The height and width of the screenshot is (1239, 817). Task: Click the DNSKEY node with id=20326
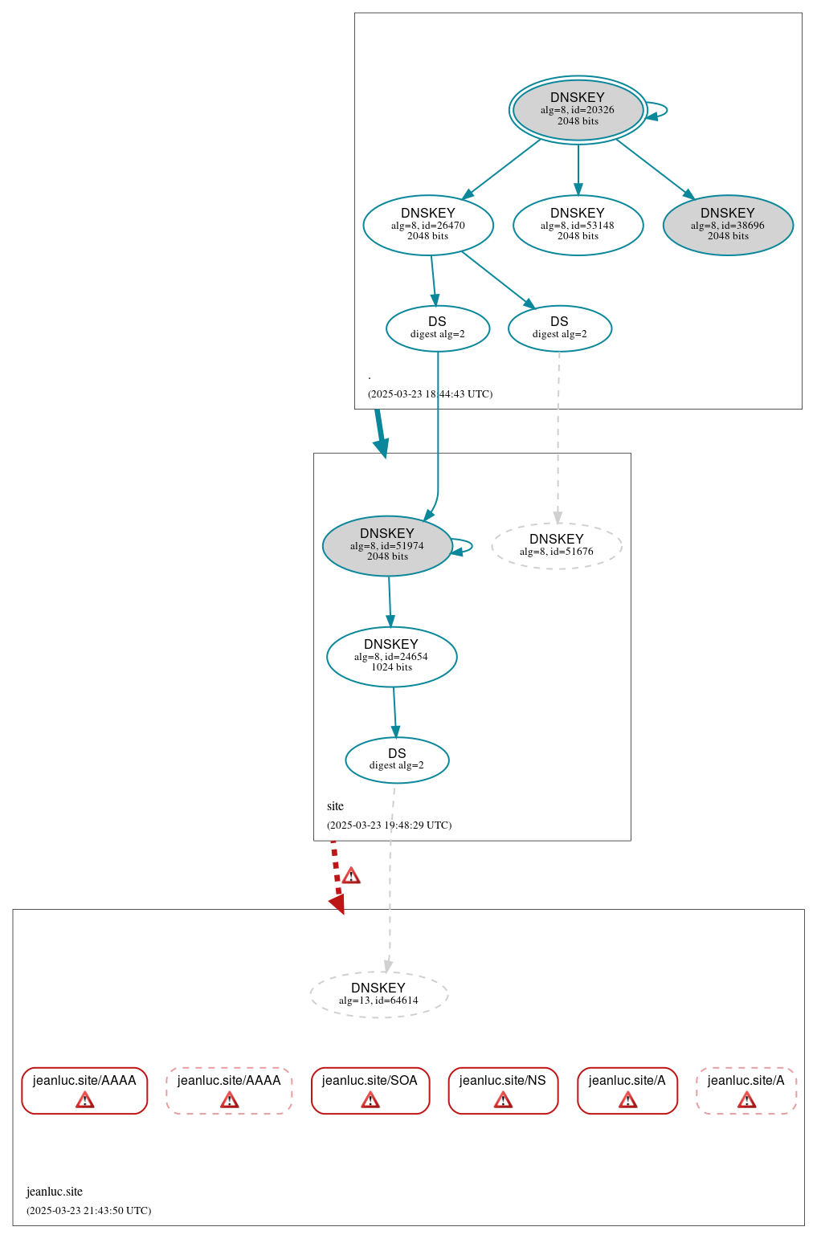[x=578, y=110]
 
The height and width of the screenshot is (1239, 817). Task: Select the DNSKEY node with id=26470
[x=428, y=226]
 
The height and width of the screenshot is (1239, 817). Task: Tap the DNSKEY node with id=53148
[x=578, y=226]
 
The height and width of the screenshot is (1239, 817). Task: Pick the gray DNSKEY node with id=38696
[x=728, y=226]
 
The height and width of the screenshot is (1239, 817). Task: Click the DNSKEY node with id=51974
[x=387, y=546]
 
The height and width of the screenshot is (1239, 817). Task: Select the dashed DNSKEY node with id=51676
[x=557, y=546]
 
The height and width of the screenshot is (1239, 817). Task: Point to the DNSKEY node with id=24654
[x=391, y=657]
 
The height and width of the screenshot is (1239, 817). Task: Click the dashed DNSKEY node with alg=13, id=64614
[x=378, y=995]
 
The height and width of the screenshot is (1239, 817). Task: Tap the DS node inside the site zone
[x=397, y=760]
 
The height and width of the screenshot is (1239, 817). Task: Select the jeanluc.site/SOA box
[x=370, y=1090]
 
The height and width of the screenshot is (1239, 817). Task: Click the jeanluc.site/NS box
[x=503, y=1090]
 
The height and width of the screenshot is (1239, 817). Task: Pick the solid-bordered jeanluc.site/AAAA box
[x=84, y=1090]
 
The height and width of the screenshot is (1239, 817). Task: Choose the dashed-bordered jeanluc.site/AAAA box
[x=229, y=1090]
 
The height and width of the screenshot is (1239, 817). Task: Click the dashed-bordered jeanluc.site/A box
[x=746, y=1090]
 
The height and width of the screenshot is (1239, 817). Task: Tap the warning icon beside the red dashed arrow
[x=351, y=876]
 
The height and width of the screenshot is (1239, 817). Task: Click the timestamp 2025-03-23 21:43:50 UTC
[x=88, y=1211]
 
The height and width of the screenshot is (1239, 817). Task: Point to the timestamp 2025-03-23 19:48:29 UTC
[x=389, y=825]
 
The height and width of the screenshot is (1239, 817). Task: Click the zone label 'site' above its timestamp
[x=335, y=806]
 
